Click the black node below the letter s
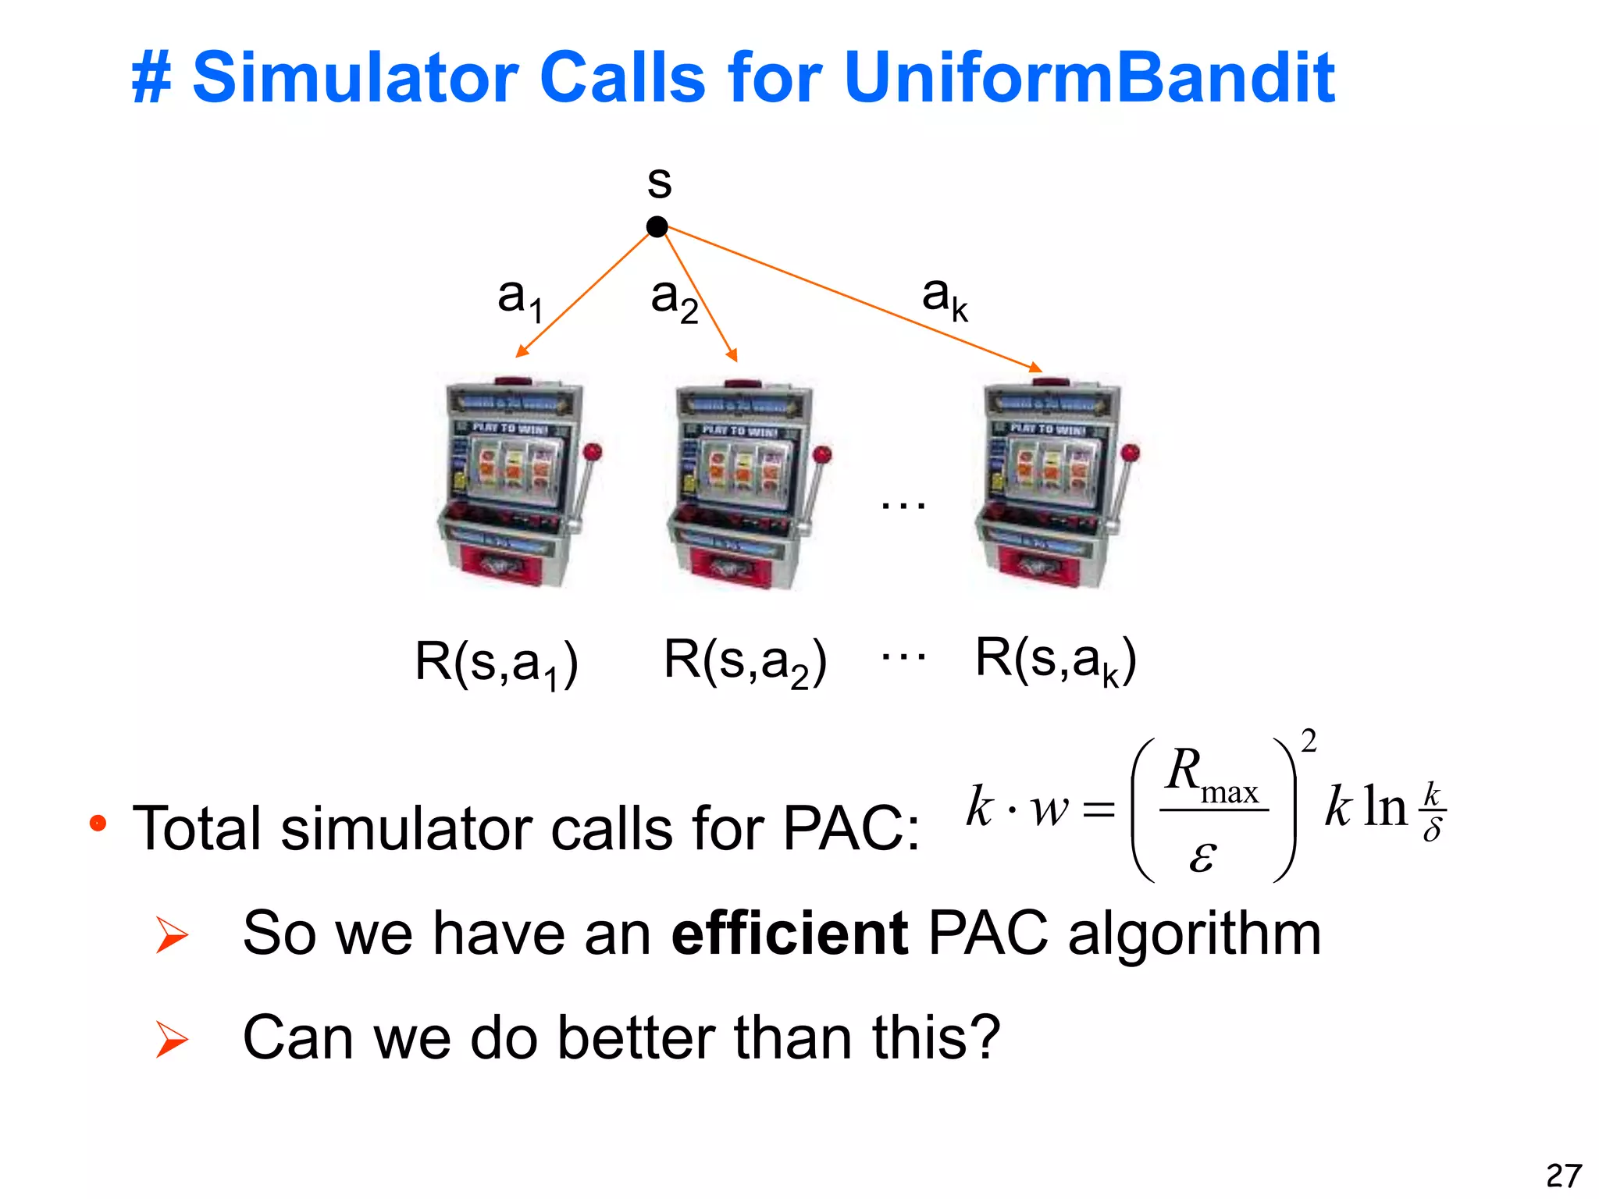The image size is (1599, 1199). click(x=657, y=227)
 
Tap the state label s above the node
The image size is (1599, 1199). click(x=659, y=183)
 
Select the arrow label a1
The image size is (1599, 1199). click(x=519, y=299)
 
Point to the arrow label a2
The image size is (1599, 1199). click(x=674, y=300)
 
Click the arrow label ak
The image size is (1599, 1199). click(x=944, y=297)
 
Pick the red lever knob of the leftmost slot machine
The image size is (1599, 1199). click(x=593, y=451)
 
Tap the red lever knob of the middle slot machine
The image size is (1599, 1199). click(x=822, y=454)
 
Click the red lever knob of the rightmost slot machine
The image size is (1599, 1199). click(x=1130, y=452)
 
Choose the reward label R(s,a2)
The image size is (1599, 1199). click(x=744, y=662)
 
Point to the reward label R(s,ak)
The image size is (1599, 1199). click(x=1055, y=660)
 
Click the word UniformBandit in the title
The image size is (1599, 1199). click(x=1089, y=77)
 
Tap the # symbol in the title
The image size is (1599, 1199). click(x=151, y=78)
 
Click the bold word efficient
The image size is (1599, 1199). click(x=789, y=933)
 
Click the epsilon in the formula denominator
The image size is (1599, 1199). click(x=1202, y=856)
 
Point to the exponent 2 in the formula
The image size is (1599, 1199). click(x=1309, y=741)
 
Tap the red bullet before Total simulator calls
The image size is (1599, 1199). click(x=98, y=823)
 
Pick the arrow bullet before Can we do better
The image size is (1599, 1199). click(x=172, y=1039)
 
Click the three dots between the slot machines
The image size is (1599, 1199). click(x=903, y=505)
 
